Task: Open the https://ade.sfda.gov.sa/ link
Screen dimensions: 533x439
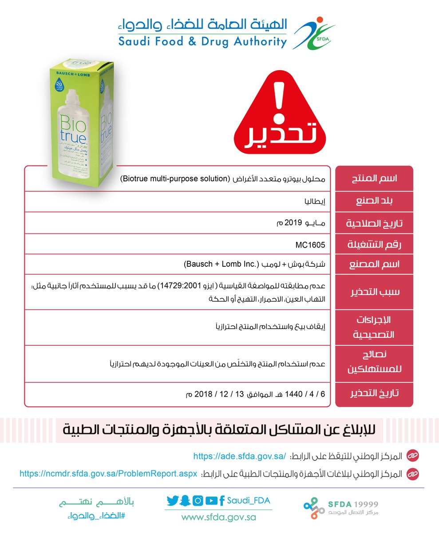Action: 239,456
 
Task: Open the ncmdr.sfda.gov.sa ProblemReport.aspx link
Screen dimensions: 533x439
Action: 108,473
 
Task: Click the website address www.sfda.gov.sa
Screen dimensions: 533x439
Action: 218,517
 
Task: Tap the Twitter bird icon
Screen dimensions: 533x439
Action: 172,501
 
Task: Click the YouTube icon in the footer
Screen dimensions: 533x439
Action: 211,501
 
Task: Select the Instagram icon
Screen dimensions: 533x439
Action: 198,501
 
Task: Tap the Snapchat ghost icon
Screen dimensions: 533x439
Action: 185,501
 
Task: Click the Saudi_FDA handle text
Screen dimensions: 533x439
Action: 248,501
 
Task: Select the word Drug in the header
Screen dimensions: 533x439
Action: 211,42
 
